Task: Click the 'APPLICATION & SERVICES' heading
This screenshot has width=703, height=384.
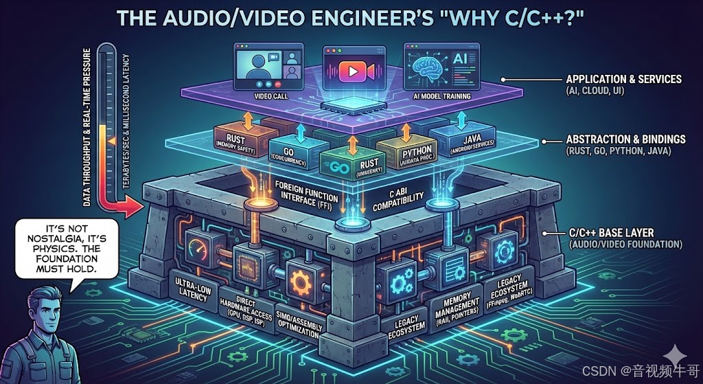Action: [624, 79]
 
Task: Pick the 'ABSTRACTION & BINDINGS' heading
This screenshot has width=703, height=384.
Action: [627, 139]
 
